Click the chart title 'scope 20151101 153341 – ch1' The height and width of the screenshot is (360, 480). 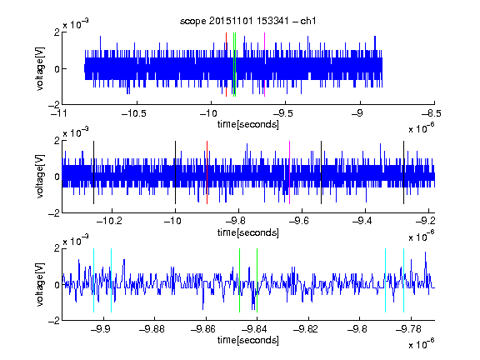[248, 21]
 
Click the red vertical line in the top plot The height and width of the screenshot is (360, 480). [226, 65]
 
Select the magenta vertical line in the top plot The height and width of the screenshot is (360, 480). [264, 65]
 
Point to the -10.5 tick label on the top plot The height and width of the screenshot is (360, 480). [134, 113]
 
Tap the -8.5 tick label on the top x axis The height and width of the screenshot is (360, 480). [432, 113]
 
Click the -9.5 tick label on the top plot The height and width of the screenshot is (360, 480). [282, 113]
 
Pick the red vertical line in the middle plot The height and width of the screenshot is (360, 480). [207, 172]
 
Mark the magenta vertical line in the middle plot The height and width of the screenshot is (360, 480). [290, 172]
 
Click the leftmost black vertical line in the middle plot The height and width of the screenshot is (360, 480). [93, 172]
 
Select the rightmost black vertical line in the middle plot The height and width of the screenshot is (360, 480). [404, 172]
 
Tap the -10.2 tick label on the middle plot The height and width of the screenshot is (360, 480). [109, 221]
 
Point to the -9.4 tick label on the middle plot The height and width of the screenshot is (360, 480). [362, 221]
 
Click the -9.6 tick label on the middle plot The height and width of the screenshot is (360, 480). [299, 221]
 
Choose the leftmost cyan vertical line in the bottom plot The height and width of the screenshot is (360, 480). [93, 280]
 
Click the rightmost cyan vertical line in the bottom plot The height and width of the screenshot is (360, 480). [404, 280]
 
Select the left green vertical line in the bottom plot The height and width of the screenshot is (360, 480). [239, 280]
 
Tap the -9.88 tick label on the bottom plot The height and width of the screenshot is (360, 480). [152, 329]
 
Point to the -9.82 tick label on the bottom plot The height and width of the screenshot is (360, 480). [306, 329]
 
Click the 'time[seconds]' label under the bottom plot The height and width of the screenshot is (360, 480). [248, 340]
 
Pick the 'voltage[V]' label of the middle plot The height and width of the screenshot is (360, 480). [40, 176]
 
